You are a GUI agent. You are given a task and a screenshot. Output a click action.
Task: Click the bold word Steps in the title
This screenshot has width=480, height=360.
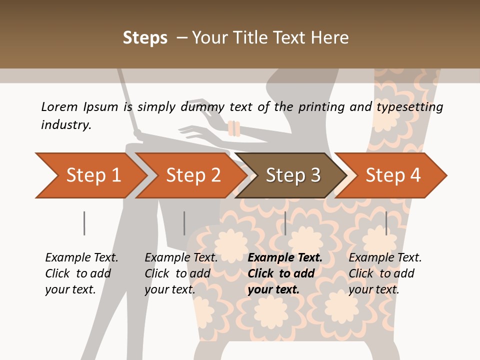pos(145,38)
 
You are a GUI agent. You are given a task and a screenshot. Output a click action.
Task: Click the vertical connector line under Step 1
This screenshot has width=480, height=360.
pos(84,223)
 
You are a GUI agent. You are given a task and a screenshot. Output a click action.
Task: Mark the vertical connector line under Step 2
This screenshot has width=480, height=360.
pos(184,223)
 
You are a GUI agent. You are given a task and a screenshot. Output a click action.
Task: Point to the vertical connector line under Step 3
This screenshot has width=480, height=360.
pos(285,223)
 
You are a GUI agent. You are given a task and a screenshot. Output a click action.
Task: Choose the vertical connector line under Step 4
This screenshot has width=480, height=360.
pos(386,223)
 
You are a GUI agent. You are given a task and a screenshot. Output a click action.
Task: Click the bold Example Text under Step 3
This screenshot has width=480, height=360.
pos(285,258)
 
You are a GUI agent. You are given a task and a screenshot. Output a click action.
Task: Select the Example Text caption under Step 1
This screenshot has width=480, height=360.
pos(81,258)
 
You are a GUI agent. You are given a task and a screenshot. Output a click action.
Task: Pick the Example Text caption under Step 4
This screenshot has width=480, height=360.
pos(385,258)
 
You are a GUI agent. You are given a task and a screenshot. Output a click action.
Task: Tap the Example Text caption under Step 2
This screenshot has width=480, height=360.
pos(181,258)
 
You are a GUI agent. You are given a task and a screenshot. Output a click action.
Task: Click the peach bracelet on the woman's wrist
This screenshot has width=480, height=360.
pos(234,128)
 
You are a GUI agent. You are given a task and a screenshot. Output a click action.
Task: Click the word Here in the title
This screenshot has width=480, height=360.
pos(330,38)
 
